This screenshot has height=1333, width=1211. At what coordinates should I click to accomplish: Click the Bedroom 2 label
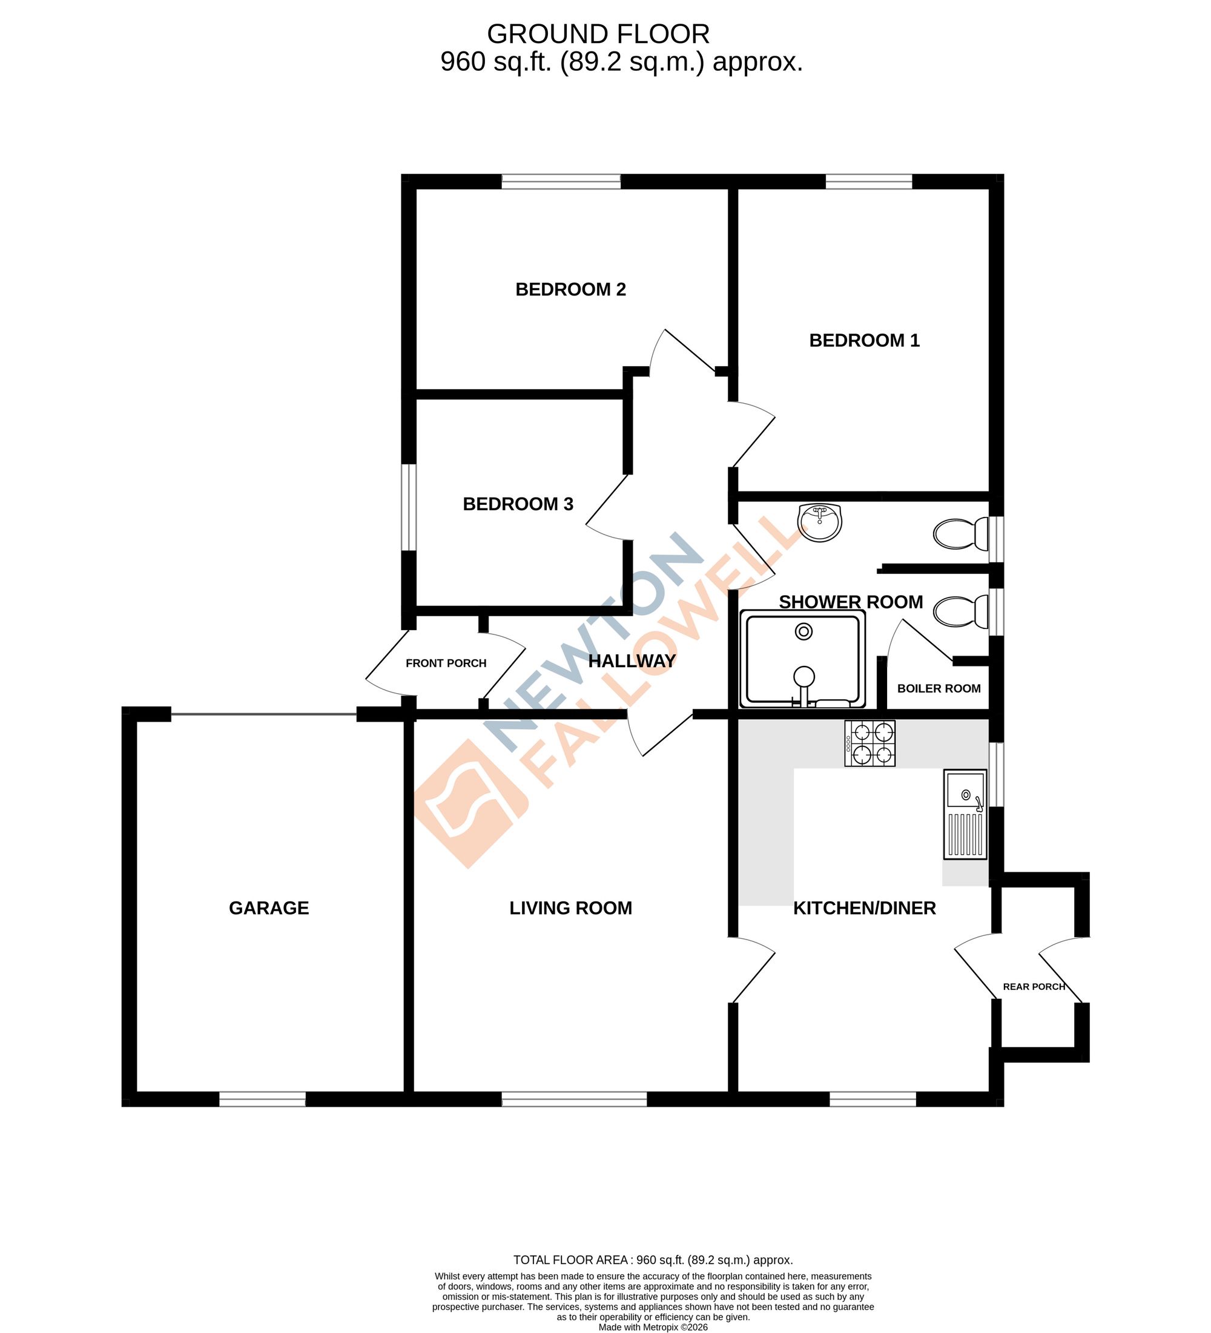570,289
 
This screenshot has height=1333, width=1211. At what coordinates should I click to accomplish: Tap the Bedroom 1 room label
864,341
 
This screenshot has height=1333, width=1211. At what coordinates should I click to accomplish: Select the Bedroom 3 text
517,504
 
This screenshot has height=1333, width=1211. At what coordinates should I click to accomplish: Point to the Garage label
268,908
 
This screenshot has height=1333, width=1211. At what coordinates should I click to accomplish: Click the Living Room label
570,908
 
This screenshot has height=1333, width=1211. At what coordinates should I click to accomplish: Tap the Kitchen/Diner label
864,908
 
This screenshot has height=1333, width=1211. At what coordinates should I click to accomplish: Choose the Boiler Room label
939,688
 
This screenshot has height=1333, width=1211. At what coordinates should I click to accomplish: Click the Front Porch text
446,663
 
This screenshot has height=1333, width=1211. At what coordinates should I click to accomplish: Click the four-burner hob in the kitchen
869,743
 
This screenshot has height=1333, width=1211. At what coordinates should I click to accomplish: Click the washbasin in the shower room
819,523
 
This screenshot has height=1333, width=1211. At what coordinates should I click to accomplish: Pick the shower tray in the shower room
803,659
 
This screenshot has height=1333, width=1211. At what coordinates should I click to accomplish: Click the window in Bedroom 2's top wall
561,181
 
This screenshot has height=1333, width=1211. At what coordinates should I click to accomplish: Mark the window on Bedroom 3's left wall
409,507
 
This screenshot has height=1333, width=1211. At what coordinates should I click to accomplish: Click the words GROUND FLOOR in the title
598,34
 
